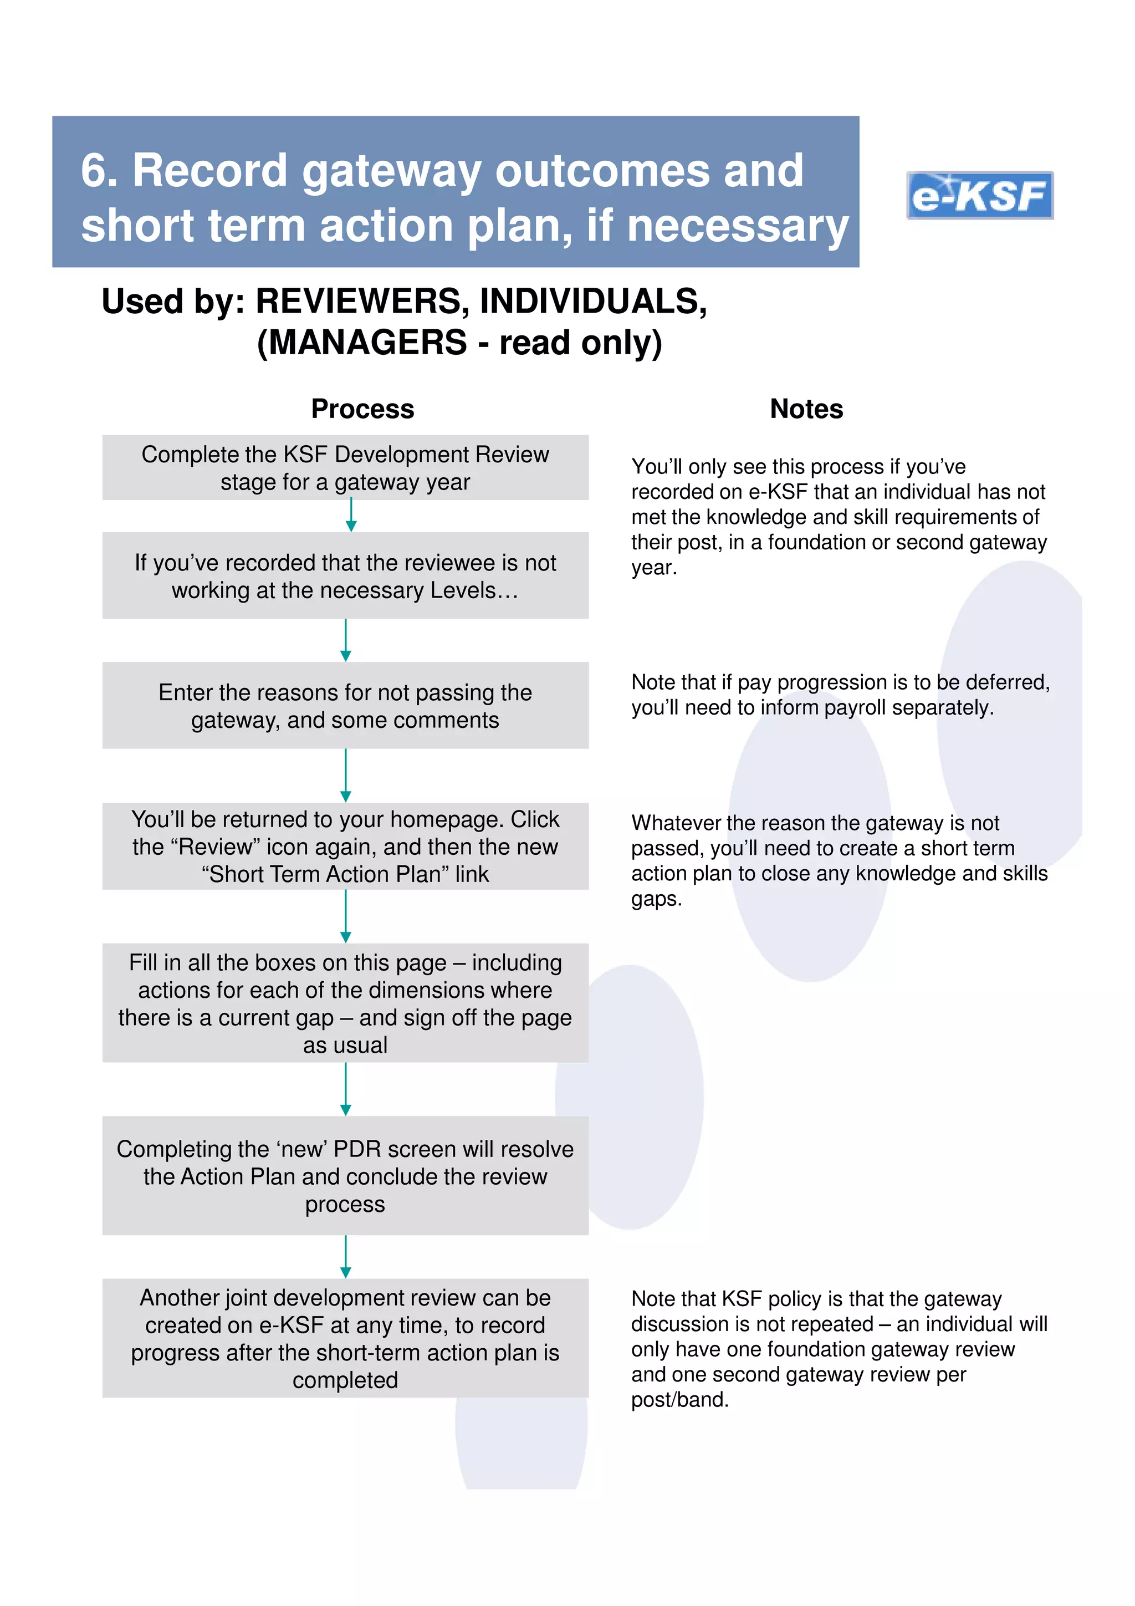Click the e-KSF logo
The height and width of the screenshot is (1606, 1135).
979,195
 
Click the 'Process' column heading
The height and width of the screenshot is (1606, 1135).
362,409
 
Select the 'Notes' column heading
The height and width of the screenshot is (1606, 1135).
806,409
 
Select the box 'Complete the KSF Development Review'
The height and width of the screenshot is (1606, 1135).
345,468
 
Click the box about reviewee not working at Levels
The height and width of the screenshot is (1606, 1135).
345,575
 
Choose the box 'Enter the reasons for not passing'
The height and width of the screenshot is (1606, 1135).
345,705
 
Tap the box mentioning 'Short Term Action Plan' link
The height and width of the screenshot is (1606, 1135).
345,847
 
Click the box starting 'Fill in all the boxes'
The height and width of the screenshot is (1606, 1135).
345,1003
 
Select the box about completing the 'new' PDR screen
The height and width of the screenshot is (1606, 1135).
345,1176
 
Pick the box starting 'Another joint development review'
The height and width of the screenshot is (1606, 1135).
345,1338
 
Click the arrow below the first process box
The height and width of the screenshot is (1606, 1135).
351,516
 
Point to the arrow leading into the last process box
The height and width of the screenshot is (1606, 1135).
345,1257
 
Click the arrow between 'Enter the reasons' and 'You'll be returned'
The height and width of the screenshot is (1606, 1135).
345,775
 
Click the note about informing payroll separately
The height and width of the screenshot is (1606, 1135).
839,695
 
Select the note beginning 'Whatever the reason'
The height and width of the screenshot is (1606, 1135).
839,860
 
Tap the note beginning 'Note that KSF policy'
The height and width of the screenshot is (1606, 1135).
839,1349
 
